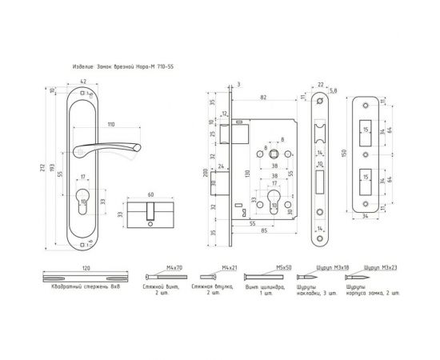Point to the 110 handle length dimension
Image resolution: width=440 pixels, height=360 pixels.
pyautogui.click(x=110, y=126)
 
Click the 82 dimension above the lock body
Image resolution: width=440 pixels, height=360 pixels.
pyautogui.click(x=263, y=97)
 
